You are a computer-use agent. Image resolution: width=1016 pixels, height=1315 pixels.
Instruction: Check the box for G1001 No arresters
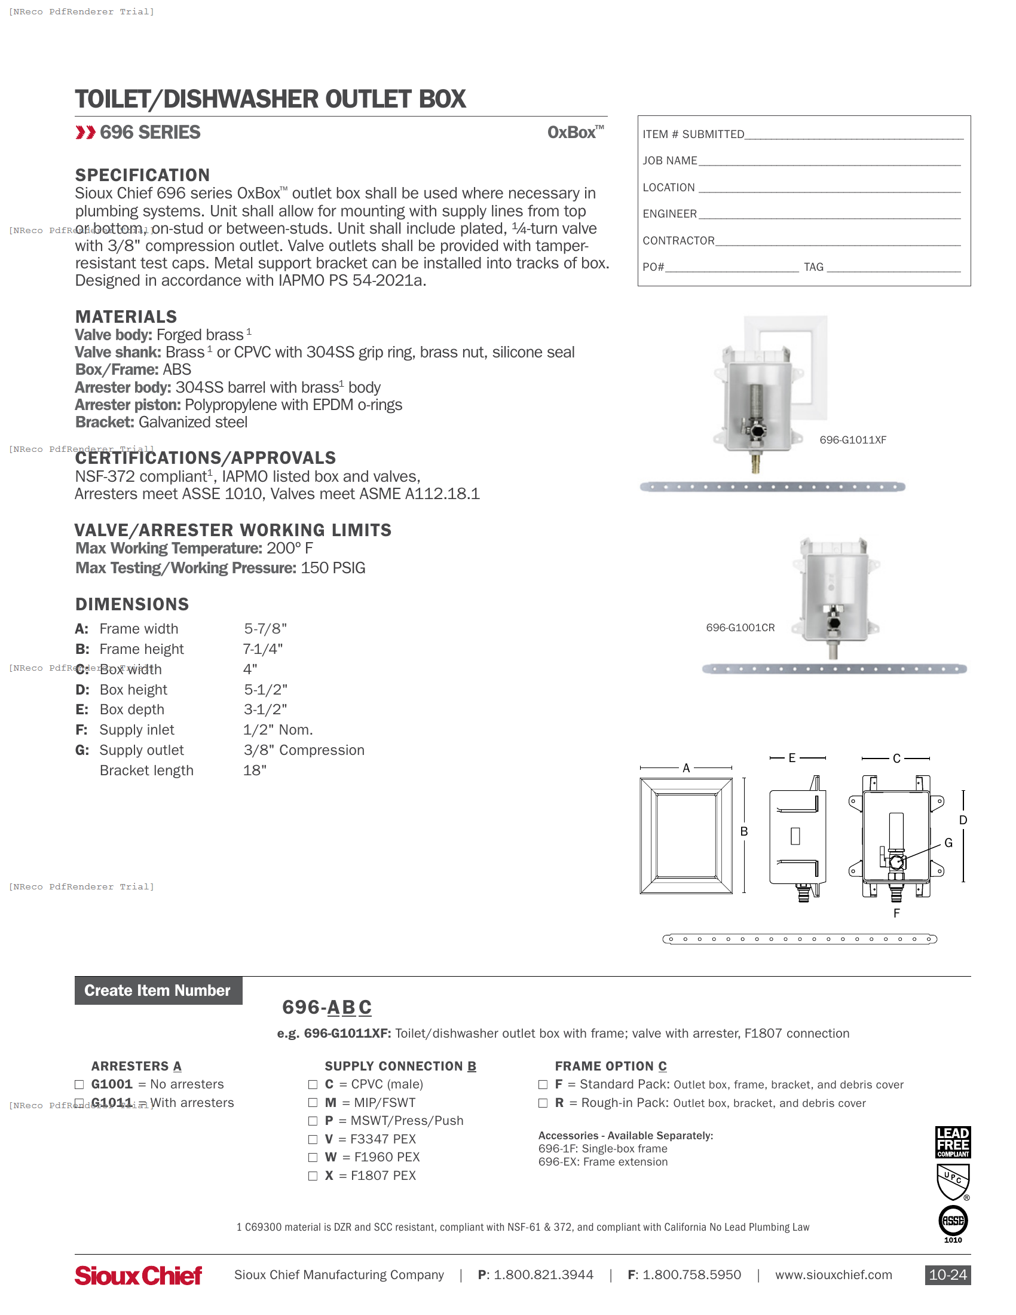click(79, 1084)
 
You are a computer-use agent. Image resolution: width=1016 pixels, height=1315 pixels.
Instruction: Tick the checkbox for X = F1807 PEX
click(313, 1176)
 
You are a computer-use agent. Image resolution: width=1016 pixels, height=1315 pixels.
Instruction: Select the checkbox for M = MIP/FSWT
click(313, 1102)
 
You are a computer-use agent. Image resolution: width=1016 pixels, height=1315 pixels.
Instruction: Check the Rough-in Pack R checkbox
click(543, 1103)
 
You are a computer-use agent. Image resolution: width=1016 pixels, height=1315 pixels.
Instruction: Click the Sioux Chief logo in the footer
click(138, 1276)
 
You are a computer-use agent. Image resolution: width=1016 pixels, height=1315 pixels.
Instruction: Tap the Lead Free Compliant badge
click(953, 1142)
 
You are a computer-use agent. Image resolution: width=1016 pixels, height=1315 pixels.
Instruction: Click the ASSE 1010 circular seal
click(953, 1221)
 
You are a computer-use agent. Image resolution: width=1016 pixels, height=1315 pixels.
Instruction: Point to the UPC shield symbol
click(953, 1182)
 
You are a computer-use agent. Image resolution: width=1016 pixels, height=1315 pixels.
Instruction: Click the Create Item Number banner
click(158, 990)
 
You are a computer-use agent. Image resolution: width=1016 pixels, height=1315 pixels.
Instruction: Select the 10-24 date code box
click(947, 1275)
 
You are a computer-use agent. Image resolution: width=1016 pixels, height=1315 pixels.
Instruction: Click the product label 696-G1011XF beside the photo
click(852, 440)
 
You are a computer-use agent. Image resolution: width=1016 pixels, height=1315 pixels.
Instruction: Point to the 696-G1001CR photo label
click(740, 628)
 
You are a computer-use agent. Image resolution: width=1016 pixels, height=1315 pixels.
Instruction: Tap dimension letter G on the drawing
click(948, 843)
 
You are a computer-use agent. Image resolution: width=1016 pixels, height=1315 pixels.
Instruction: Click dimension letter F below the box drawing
click(896, 913)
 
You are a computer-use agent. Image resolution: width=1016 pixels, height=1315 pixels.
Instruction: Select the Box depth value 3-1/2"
click(265, 710)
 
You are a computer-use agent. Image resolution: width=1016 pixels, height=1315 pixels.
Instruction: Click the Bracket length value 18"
click(255, 770)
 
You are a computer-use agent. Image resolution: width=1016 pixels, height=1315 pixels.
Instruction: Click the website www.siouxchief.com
click(833, 1275)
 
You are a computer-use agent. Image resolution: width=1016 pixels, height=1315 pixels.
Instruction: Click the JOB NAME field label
click(669, 161)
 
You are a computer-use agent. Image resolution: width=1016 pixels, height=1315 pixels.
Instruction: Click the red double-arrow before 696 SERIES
click(85, 133)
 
